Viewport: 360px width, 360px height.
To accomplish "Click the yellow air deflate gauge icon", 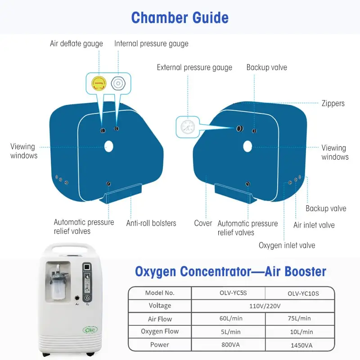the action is click(x=99, y=83).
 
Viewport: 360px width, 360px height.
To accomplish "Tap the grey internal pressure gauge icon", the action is click(x=118, y=83).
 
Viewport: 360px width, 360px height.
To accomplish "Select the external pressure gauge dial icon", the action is click(x=188, y=127).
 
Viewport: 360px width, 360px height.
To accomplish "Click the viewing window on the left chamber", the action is click(x=109, y=147).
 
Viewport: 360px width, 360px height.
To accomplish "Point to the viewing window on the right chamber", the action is click(x=247, y=146).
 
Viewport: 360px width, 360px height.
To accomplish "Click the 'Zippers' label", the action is click(x=333, y=103).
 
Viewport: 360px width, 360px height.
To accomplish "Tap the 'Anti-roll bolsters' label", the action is click(x=151, y=223).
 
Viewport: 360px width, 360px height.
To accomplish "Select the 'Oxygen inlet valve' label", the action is click(x=287, y=245).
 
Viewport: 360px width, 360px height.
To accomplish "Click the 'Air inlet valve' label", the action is click(x=314, y=225).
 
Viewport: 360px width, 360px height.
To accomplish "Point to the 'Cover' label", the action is click(x=203, y=223).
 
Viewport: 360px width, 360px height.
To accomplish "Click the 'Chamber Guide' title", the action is click(x=180, y=18).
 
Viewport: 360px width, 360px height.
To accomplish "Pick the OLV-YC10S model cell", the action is click(x=303, y=293).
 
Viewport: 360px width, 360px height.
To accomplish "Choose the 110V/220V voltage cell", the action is click(x=265, y=306).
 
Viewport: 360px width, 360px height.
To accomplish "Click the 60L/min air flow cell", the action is click(x=231, y=319).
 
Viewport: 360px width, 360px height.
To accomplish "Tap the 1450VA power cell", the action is click(x=301, y=345).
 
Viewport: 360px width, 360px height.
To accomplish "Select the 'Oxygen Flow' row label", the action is click(x=160, y=331).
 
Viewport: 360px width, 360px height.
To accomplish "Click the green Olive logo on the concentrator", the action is click(x=90, y=330).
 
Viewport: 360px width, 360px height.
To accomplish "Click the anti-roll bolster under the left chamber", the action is click(x=121, y=193).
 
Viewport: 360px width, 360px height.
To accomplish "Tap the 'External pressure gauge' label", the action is click(x=194, y=67).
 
